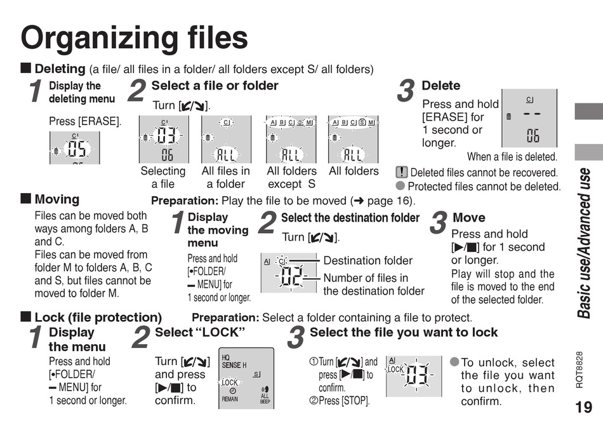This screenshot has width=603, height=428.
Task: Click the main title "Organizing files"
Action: coord(134,37)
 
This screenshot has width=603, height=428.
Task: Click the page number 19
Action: coord(583,407)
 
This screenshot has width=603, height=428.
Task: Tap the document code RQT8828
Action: coord(579,370)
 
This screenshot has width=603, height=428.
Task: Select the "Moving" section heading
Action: coord(57,199)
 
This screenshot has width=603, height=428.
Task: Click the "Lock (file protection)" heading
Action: coord(98,317)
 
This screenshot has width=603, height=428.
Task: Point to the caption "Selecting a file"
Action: coord(163,177)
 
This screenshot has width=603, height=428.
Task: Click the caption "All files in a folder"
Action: coord(226,177)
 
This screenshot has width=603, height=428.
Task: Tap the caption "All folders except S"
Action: coord(291,177)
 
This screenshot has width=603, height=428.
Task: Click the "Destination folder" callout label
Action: coord(368,260)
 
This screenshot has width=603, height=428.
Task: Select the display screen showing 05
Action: coord(75,148)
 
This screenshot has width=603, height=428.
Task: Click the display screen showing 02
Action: coord(289,272)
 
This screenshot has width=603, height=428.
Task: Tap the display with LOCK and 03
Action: coord(414,376)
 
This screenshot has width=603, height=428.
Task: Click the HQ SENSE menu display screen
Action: coord(246,378)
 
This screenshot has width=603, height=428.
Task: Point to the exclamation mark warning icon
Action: coord(402,172)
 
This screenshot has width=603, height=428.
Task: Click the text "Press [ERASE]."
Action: coord(85,121)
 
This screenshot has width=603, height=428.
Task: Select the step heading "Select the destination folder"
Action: coord(350,218)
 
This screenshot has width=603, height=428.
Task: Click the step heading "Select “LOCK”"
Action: coord(200,332)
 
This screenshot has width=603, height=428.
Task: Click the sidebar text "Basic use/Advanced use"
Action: coord(584,243)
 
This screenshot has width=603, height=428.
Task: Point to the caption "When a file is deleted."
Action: coord(512,157)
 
